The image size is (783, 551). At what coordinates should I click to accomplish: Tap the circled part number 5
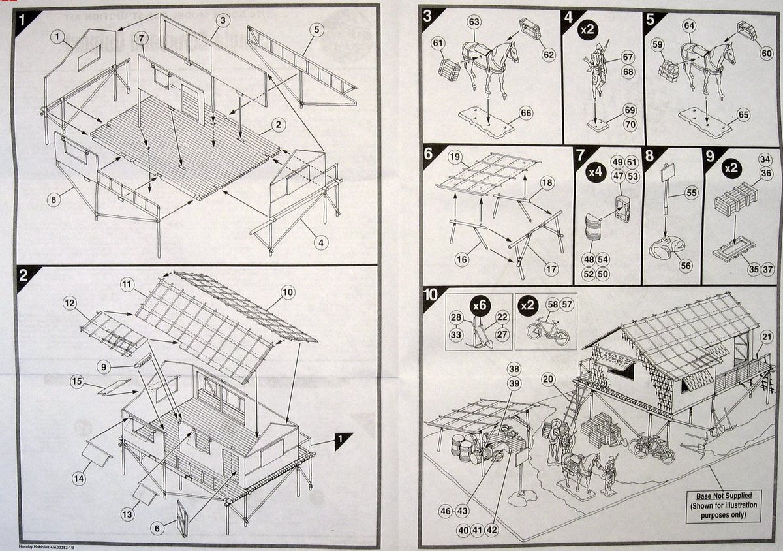click(317, 29)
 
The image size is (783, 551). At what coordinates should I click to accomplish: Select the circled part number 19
click(455, 157)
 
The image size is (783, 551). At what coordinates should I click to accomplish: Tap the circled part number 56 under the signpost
click(685, 265)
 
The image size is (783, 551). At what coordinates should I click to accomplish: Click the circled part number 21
click(767, 337)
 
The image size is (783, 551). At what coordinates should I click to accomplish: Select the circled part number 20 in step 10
click(547, 378)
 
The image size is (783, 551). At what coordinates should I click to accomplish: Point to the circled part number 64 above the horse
click(688, 25)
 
